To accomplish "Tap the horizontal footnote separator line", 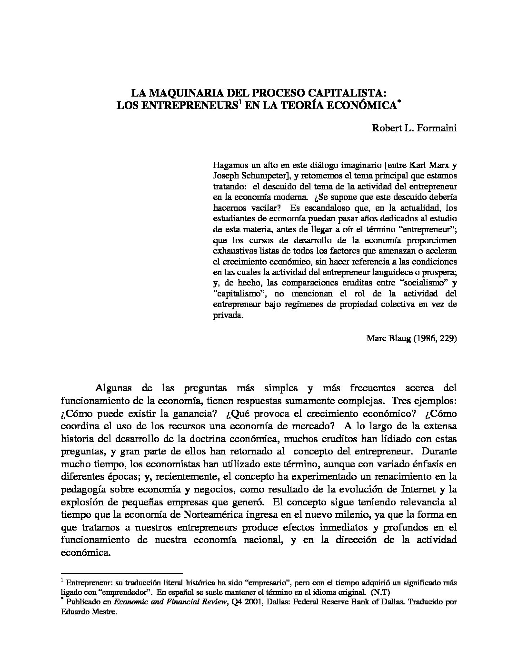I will pyautogui.click(x=122, y=573).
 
